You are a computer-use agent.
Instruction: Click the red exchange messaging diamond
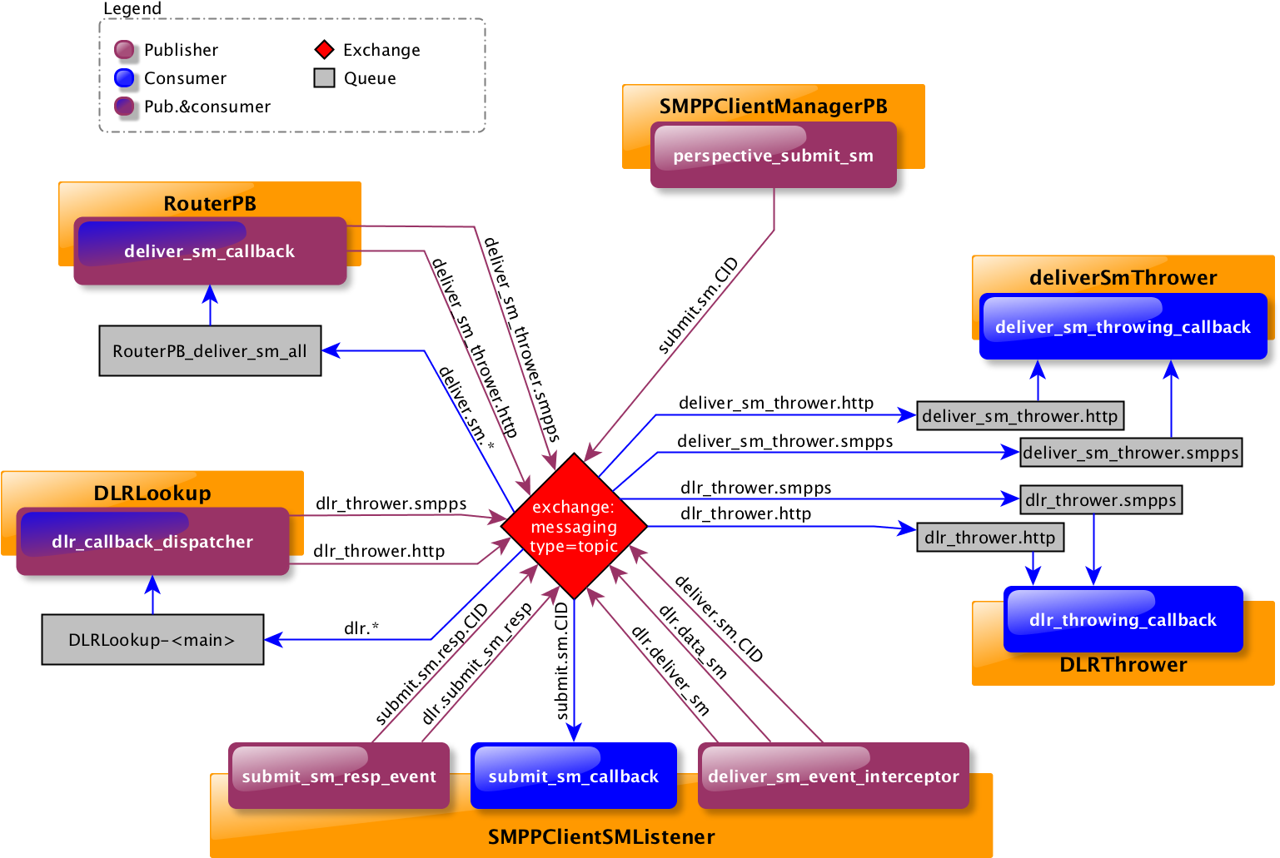point(574,526)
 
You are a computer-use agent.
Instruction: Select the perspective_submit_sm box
point(773,156)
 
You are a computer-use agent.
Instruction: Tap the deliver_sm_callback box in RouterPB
point(210,251)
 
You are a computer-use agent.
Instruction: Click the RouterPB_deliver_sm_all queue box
point(210,351)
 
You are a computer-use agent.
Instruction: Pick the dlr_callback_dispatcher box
point(152,542)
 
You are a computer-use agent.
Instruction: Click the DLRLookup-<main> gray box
point(152,640)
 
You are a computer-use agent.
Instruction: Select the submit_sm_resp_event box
point(339,776)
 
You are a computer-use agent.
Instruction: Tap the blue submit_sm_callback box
point(573,776)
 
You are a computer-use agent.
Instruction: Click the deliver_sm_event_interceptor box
point(833,776)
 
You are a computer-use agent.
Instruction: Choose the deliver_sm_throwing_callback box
point(1123,327)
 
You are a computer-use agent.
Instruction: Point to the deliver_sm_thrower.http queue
point(1020,416)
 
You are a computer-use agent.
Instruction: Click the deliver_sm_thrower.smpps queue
point(1131,453)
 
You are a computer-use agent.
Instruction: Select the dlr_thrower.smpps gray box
point(1101,500)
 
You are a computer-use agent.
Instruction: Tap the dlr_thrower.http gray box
point(990,538)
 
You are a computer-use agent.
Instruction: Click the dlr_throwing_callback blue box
point(1123,620)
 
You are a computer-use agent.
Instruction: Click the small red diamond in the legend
point(325,50)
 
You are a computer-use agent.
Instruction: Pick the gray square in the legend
point(325,78)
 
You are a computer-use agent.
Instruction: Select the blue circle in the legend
point(124,78)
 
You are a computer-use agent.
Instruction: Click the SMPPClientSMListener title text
point(601,837)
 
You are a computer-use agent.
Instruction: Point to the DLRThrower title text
point(1123,665)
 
